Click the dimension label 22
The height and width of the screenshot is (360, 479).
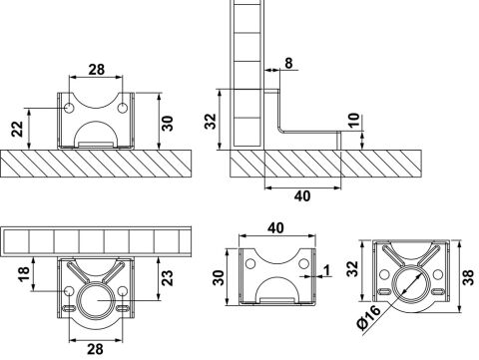[18, 129]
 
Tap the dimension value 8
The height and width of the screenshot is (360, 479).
[288, 63]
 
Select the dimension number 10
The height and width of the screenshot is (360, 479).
[354, 120]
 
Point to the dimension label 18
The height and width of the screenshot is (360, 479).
[25, 274]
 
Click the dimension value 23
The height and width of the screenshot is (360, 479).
[168, 278]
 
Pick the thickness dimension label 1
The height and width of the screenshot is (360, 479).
[327, 270]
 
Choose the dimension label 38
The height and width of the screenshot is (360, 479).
[468, 277]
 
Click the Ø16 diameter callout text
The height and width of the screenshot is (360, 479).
[368, 317]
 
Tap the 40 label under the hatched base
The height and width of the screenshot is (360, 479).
[302, 196]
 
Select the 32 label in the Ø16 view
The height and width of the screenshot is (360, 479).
[353, 269]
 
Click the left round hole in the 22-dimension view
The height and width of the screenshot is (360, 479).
[69, 108]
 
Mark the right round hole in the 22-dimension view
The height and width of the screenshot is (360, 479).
[123, 108]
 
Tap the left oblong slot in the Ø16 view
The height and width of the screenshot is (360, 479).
[384, 292]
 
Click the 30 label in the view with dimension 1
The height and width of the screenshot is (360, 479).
[219, 278]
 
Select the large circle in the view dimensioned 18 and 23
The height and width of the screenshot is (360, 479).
[96, 301]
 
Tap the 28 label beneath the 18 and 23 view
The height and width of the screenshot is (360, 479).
[96, 349]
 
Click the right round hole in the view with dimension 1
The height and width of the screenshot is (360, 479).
[303, 264]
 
